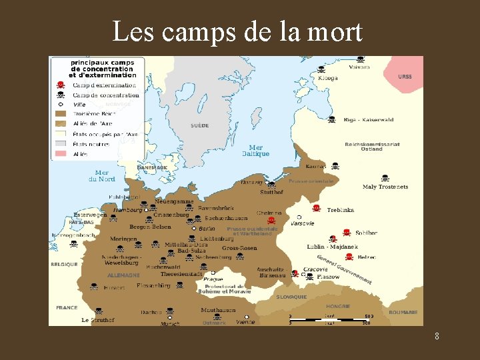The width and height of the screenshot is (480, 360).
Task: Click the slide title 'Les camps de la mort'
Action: click(x=237, y=31)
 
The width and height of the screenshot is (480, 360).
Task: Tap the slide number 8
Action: click(x=437, y=336)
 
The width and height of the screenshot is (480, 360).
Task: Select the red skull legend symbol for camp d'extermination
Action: click(x=61, y=85)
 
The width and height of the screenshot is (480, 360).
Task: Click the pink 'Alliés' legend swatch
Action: click(x=61, y=154)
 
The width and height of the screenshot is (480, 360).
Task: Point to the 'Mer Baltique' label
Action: click(x=255, y=151)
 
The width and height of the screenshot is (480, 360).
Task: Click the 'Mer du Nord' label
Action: click(x=102, y=175)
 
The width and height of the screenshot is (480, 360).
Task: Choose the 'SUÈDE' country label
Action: click(x=199, y=125)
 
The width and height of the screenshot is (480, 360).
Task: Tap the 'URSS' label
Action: click(x=405, y=77)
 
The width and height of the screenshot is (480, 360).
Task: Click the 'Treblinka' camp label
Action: click(x=341, y=209)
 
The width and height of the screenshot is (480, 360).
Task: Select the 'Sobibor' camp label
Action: click(x=366, y=233)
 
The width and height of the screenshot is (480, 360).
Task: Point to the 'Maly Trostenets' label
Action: click(x=385, y=187)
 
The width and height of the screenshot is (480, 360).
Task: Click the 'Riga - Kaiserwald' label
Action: click(x=369, y=120)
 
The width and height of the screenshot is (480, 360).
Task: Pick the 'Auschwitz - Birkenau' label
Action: click(x=271, y=272)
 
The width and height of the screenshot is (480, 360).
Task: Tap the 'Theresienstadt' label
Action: click(x=181, y=274)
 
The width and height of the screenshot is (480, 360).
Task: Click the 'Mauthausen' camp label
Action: click(x=218, y=310)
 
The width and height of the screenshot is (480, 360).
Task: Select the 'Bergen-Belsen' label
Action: click(x=150, y=227)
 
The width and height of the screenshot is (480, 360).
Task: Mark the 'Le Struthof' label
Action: click(x=98, y=320)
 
